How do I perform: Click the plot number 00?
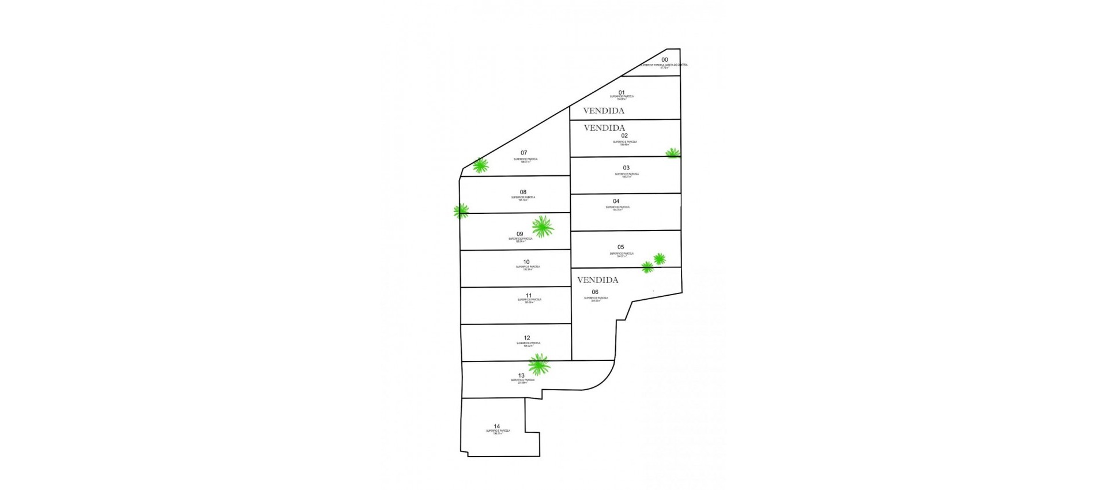(x=665, y=60)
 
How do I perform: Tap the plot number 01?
(x=622, y=92)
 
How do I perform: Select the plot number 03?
(x=626, y=168)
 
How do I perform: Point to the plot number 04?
(x=616, y=202)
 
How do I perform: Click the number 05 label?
(x=620, y=247)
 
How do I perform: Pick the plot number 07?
(x=524, y=153)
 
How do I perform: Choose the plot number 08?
(x=523, y=192)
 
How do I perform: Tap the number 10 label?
(x=526, y=262)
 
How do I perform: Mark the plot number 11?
(x=528, y=295)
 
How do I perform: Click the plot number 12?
(x=527, y=338)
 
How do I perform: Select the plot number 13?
(x=521, y=375)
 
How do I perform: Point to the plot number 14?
(x=497, y=427)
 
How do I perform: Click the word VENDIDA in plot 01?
(x=604, y=111)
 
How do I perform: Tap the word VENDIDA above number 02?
(x=605, y=128)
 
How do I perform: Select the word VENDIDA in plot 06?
(x=598, y=280)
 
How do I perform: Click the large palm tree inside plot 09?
(x=543, y=227)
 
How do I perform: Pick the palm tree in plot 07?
(x=480, y=166)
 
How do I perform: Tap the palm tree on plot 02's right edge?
(x=673, y=153)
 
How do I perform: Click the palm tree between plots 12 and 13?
(x=539, y=364)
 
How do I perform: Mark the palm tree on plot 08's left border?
(x=461, y=211)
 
